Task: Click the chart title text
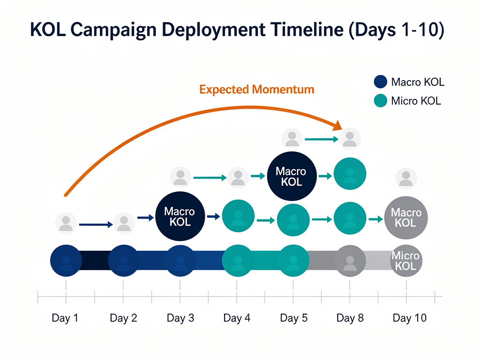pos(237,30)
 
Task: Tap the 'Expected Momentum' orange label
pos(256,89)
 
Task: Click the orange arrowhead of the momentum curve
pos(336,125)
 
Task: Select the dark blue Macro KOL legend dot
pos(380,82)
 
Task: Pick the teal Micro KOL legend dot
pos(380,101)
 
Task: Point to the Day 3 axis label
pos(180,319)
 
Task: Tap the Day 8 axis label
pos(350,319)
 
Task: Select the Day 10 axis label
pos(409,319)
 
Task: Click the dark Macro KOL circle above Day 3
pos(180,217)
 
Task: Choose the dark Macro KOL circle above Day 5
pos(292,176)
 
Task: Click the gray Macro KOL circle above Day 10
pos(406,217)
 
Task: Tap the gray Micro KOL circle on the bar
pos(406,260)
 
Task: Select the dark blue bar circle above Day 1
pos(66,261)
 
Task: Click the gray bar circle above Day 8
pos(350,261)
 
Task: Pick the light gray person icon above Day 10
pos(406,179)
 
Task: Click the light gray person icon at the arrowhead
pos(349,139)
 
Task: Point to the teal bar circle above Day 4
pos(238,261)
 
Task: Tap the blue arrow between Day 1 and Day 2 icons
pos(96,225)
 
